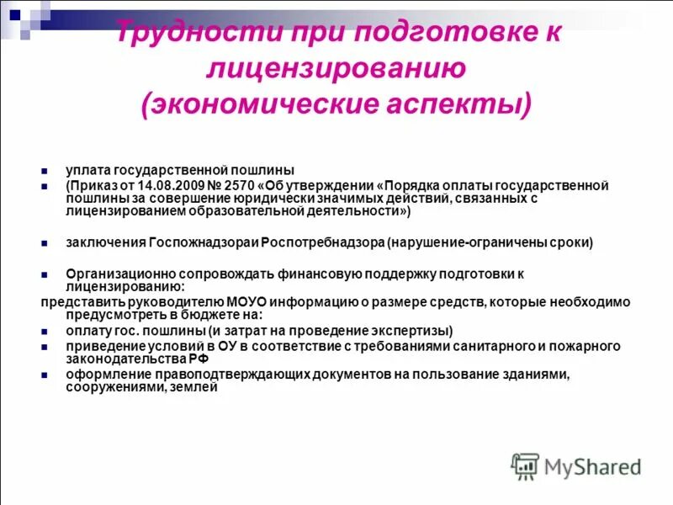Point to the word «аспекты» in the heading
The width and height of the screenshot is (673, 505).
point(472,104)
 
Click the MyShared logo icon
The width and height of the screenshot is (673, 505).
point(525,465)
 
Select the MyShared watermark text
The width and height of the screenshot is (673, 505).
point(593,466)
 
